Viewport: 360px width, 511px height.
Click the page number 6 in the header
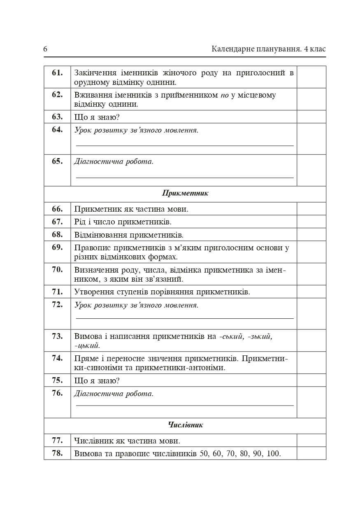45,49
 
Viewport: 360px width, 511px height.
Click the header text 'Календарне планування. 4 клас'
268,49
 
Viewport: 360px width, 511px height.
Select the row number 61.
57,73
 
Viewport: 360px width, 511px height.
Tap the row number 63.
57,117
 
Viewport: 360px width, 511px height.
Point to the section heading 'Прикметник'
185,194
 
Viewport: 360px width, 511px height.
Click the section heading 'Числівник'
185,425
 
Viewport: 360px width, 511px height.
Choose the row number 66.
57,209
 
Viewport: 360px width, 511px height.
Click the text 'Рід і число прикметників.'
123,222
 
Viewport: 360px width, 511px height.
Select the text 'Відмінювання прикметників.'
129,235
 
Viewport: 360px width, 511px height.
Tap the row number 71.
57,292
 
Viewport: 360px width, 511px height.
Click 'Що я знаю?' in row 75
97,380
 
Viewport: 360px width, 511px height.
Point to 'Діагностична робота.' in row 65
114,161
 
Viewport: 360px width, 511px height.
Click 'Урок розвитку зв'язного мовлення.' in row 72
136,305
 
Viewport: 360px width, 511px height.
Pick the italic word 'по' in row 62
224,95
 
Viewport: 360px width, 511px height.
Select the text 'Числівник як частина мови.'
127,441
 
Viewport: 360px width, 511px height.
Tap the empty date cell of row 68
311,235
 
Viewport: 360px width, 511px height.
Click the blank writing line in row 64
185,145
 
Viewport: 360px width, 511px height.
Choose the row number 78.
57,453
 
